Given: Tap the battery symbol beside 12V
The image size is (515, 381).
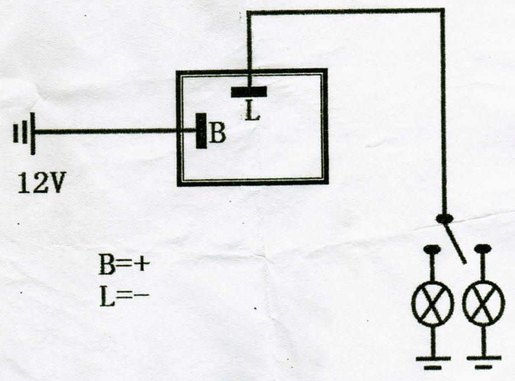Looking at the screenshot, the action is point(25,133).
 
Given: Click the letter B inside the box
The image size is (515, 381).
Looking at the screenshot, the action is point(218,134).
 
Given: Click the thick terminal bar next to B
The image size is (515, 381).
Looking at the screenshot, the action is point(200,131).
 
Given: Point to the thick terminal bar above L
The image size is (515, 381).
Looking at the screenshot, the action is point(249,91).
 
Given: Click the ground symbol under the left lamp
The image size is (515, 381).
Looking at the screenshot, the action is point(432,361).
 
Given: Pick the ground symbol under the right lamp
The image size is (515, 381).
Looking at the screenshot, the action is point(483,361).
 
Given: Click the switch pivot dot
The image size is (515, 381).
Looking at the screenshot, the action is point(444,218).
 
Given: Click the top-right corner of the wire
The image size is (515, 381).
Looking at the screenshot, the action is point(443,11).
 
